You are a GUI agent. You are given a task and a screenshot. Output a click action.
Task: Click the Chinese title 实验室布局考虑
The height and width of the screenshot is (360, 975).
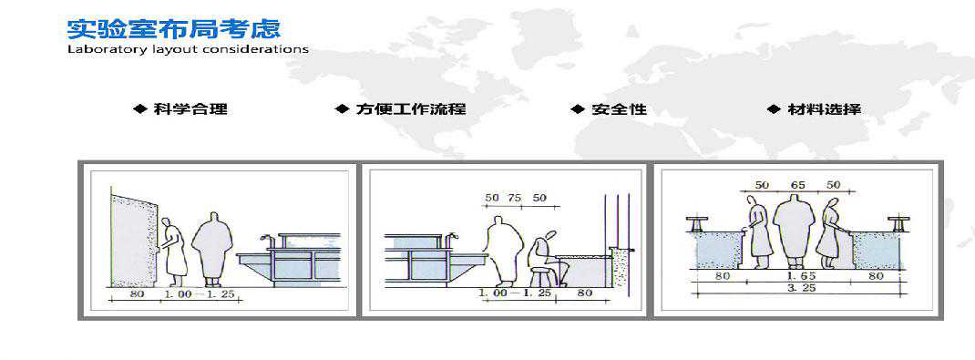coord(173,28)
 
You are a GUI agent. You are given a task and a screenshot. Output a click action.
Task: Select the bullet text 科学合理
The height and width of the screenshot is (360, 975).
coord(190,109)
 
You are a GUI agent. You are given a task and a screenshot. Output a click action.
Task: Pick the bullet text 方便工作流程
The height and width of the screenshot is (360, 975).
coord(410,109)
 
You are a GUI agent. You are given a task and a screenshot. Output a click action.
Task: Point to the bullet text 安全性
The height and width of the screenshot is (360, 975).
coord(619,109)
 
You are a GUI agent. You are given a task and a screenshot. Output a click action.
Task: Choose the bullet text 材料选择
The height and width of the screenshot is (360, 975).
coord(824,109)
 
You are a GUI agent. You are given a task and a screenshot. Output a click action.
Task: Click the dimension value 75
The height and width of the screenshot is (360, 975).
coord(515,198)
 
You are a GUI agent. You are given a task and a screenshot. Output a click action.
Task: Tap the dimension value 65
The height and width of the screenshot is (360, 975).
coord(798,185)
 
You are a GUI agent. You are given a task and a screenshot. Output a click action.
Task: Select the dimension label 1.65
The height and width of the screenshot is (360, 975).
coord(803,275)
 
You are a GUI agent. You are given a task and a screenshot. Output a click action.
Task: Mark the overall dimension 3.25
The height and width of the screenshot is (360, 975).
coord(802,288)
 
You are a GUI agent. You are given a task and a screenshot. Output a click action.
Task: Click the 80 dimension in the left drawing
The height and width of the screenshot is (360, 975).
coord(136,293)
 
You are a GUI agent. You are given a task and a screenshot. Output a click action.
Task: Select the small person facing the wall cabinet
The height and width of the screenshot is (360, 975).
coord(173,249)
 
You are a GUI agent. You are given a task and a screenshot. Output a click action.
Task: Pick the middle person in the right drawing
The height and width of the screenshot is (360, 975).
coord(794,231)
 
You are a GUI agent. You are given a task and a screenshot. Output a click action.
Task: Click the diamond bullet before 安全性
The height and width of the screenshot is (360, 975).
coord(579,109)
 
